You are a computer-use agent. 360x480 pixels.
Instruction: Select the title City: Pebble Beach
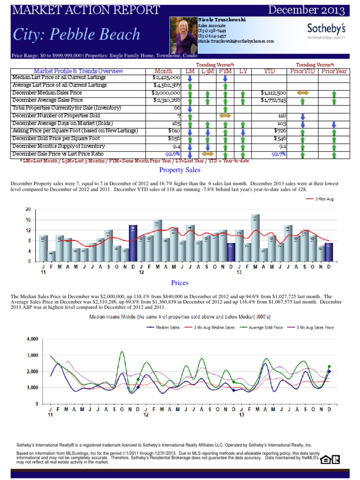(x=76, y=34)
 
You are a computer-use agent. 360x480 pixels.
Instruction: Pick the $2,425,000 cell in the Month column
(x=166, y=77)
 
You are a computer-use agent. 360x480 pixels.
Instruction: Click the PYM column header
(x=225, y=71)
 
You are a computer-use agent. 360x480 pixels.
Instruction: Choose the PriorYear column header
(x=333, y=71)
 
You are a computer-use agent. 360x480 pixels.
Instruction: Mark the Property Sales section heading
(x=180, y=170)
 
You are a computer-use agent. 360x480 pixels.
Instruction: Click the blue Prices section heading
(x=180, y=283)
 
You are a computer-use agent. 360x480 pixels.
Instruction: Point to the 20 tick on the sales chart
(x=28, y=210)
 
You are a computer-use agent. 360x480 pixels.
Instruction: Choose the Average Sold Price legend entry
(x=264, y=328)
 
